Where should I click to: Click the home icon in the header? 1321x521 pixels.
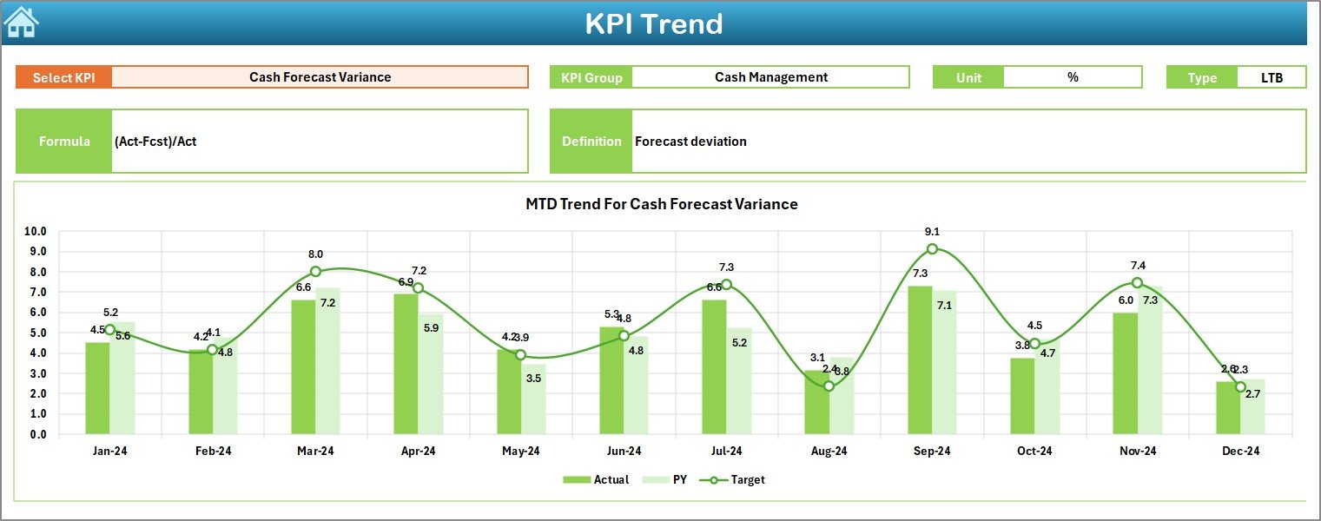[21, 22]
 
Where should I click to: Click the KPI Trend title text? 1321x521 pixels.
[653, 23]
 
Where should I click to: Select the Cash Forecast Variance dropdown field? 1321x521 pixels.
[320, 77]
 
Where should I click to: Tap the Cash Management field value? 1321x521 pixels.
[770, 77]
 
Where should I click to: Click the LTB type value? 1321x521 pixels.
[1271, 77]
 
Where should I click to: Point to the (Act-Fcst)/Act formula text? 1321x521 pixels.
[155, 142]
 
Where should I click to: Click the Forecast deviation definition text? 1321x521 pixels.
[690, 142]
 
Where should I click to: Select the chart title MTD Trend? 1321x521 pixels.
[661, 204]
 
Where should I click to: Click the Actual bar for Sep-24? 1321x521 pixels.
[920, 359]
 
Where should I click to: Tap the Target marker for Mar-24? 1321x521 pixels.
[315, 272]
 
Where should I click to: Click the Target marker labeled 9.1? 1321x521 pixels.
[932, 249]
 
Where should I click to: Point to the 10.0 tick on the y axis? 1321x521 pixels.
[36, 232]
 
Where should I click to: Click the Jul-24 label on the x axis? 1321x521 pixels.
[726, 452]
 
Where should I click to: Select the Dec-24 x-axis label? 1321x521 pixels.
[1240, 452]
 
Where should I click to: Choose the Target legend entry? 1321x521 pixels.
[737, 479]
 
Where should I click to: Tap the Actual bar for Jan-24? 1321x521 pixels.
[97, 388]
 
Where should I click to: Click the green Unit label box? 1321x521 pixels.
[968, 77]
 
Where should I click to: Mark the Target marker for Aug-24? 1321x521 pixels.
[829, 386]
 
